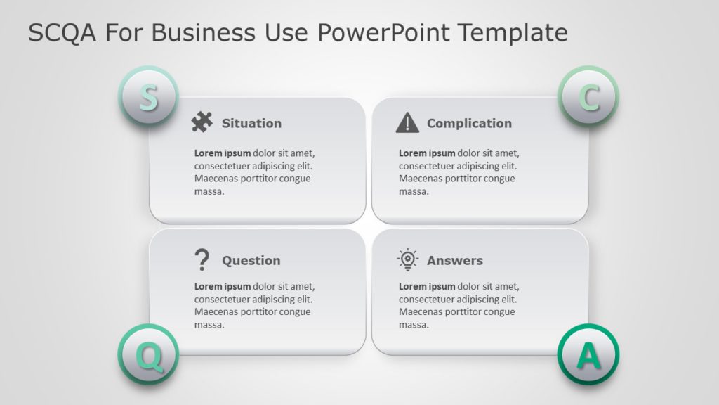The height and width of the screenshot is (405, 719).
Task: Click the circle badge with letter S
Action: tap(147, 97)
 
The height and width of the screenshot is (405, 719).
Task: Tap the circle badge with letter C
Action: tap(588, 97)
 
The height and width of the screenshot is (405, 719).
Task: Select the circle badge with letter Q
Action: tap(147, 355)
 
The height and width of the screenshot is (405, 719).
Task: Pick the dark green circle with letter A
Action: tap(588, 355)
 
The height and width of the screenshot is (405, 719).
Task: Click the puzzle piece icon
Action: tap(202, 123)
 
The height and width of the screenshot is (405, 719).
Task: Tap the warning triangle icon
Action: tap(407, 123)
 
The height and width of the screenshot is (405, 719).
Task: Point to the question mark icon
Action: tap(202, 260)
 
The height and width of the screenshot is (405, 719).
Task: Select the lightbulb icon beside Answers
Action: tap(407, 260)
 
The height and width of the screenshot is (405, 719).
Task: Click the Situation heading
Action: tap(251, 123)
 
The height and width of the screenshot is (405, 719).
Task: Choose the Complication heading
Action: tap(469, 123)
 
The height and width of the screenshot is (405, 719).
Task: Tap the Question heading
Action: tap(251, 260)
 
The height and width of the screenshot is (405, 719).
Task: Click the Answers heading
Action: tap(455, 260)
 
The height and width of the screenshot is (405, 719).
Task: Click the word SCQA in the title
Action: tap(62, 32)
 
